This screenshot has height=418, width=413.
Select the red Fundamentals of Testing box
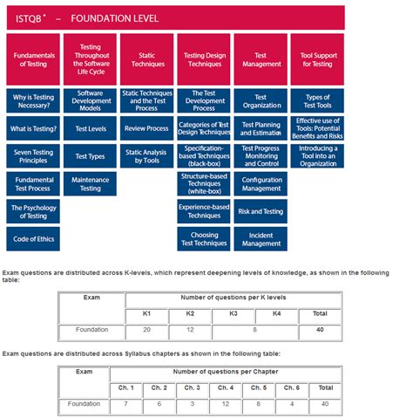pos(34,58)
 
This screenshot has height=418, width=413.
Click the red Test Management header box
pos(261,58)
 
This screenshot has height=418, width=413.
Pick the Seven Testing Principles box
pos(34,155)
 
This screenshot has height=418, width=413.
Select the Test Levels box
pos(90,128)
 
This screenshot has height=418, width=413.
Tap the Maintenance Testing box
pos(90,182)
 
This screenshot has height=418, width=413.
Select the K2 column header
pos(190,312)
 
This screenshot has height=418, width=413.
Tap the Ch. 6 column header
pos(292,387)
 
